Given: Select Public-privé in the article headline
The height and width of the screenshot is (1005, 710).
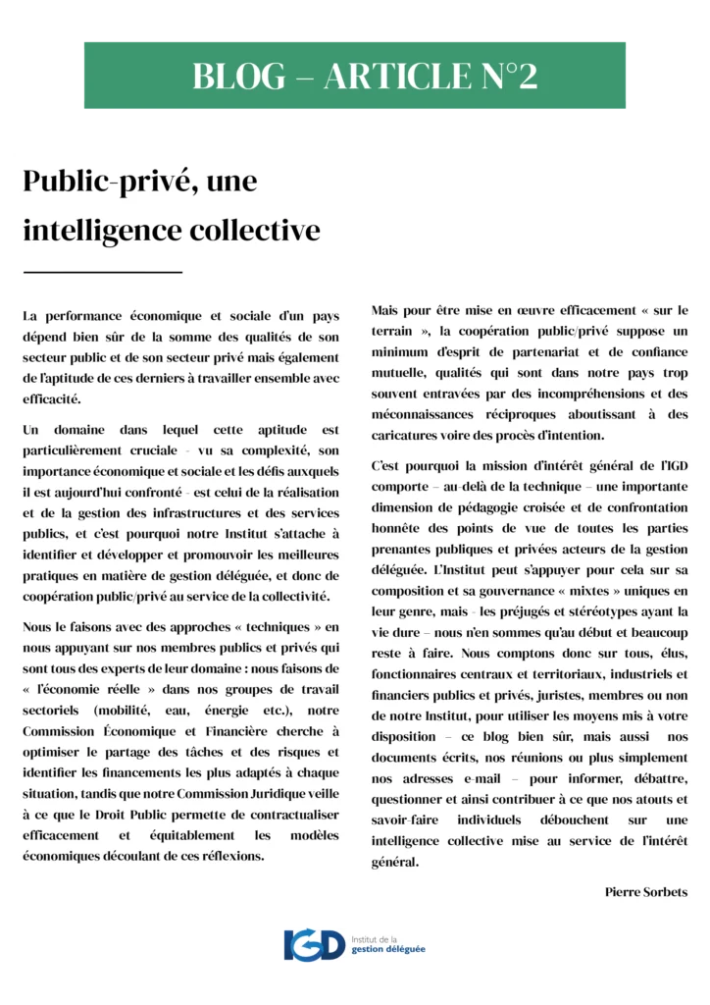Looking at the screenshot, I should point(98,182).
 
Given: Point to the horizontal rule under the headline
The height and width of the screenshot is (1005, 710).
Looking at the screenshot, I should point(103,271).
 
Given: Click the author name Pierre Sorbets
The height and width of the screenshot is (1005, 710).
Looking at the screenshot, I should point(646,892).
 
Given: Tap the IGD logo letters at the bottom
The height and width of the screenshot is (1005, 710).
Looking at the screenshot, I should point(314,946).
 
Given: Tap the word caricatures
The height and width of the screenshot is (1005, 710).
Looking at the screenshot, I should point(409,435).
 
